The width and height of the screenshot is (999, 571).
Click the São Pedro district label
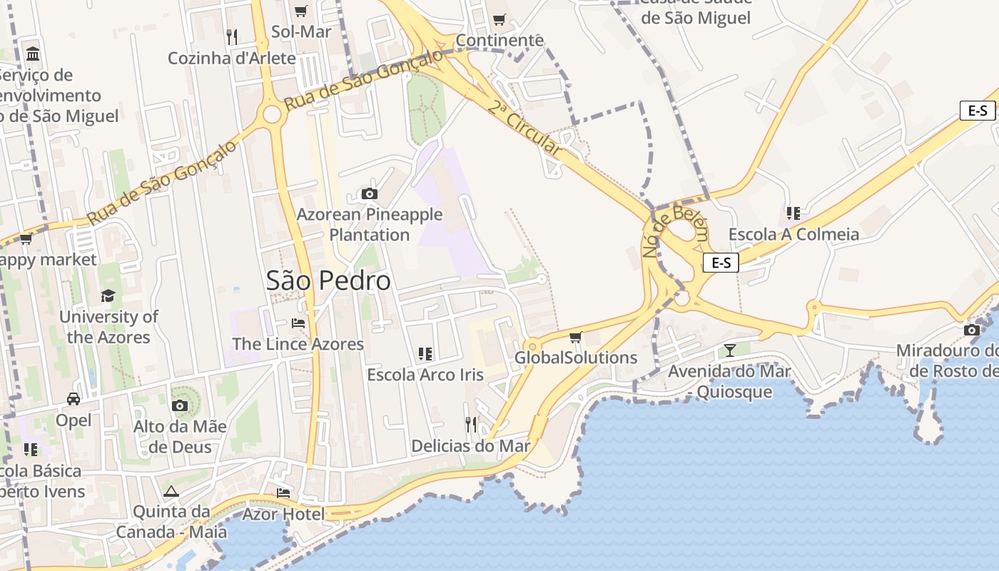(328, 281)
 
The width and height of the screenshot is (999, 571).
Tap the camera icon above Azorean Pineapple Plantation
(369, 193)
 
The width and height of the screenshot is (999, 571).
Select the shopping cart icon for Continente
(499, 19)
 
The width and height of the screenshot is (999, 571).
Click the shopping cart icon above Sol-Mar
(301, 11)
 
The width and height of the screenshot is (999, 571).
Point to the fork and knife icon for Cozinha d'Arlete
(231, 36)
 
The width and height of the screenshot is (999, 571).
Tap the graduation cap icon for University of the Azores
(108, 295)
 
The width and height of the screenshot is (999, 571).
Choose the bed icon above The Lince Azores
(298, 323)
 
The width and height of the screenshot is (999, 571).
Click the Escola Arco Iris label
(425, 375)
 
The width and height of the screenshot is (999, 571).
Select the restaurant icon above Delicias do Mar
(471, 425)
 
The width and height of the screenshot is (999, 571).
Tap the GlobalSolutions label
(576, 358)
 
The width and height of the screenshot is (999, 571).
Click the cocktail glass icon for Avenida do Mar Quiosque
(729, 350)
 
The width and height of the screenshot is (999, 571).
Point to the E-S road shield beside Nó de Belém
(721, 263)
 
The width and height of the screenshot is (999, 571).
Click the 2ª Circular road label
(525, 128)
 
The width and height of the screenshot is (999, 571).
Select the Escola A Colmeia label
(793, 234)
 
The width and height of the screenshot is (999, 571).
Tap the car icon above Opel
(73, 398)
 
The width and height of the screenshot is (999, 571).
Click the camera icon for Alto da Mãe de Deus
(180, 406)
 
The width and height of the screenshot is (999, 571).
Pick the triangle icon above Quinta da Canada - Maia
(171, 491)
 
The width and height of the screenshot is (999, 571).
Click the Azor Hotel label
(283, 514)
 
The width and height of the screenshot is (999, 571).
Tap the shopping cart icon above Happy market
(26, 238)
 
